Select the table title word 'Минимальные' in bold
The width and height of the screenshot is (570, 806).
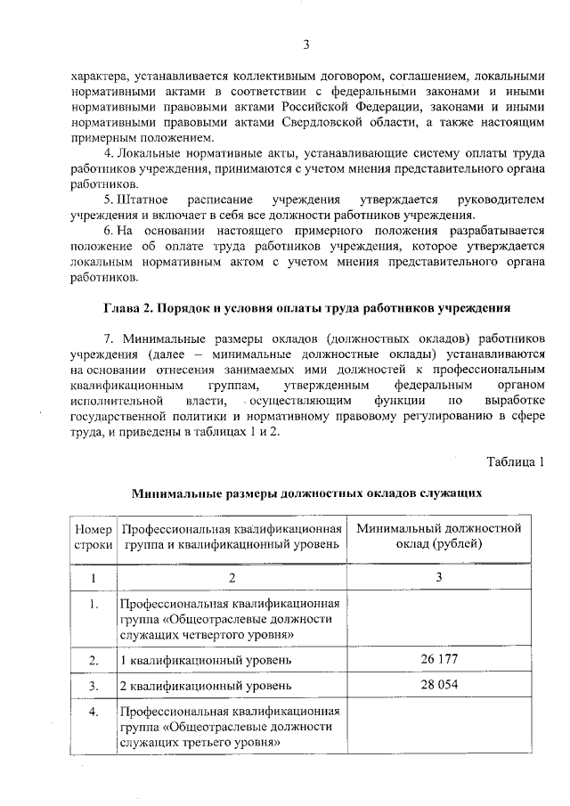pos(177,492)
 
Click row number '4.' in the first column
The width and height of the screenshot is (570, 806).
pos(93,712)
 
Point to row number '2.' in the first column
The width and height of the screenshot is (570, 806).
pos(93,660)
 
